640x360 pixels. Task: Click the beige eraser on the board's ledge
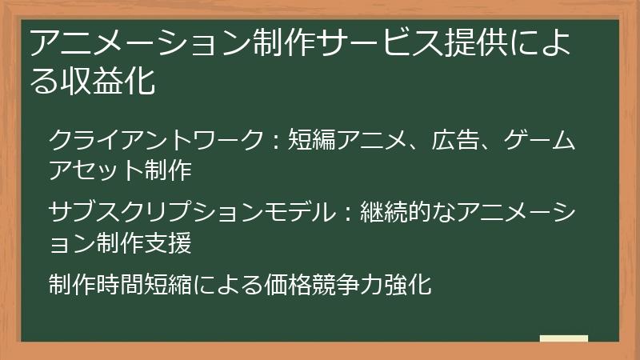coord(563,338)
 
